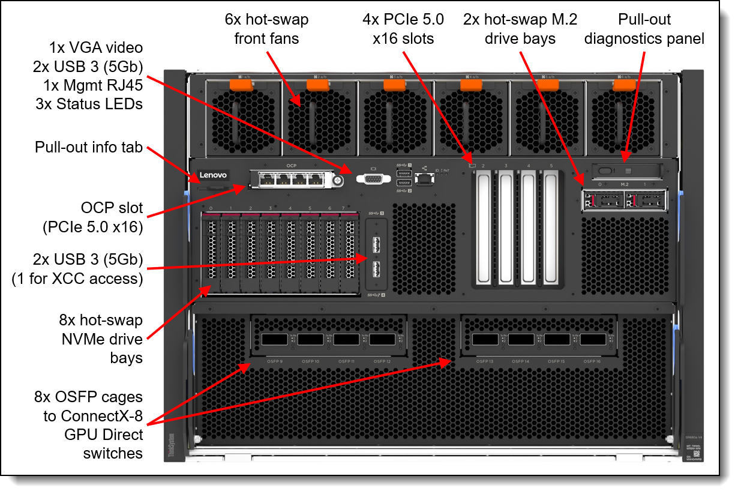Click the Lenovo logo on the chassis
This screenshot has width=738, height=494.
click(213, 175)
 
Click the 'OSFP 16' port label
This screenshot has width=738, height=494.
click(592, 361)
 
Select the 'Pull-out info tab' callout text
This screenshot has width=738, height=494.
click(89, 147)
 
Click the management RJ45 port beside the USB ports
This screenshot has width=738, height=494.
click(425, 178)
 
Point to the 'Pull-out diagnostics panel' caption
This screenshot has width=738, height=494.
click(644, 29)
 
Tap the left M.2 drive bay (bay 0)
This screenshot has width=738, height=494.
click(602, 199)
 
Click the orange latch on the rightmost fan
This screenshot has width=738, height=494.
click(624, 85)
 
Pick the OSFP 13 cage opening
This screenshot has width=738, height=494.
click(484, 340)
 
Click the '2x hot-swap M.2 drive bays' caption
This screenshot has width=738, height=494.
click(520, 29)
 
